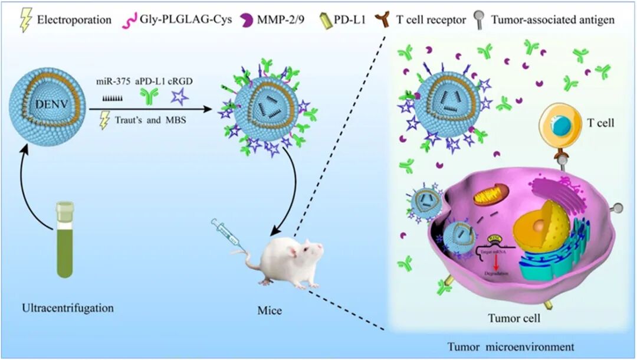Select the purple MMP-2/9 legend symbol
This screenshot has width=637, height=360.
coord(248,19)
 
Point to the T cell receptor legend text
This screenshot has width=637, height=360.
coord(431,19)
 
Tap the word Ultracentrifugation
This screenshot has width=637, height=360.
coord(67,308)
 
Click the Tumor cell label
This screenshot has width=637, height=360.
coord(514,318)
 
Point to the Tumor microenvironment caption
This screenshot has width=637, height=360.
coord(512,345)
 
